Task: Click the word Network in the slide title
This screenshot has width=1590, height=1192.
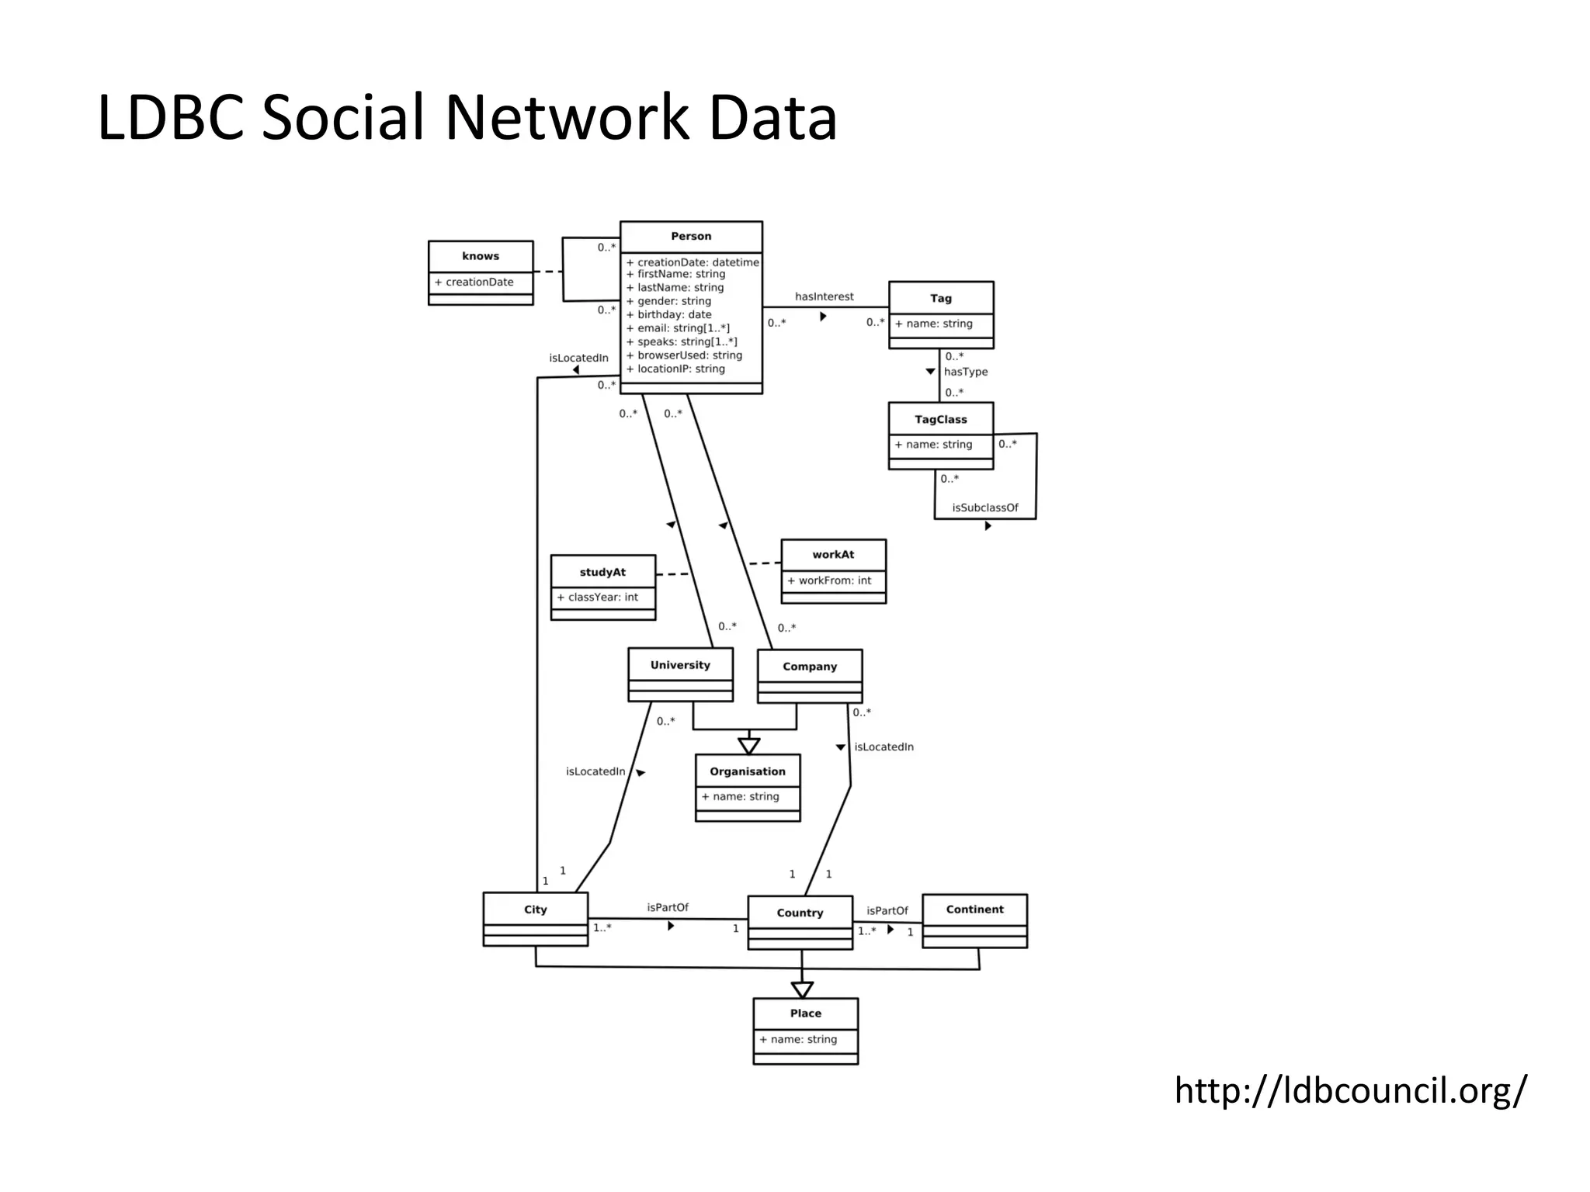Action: point(567,118)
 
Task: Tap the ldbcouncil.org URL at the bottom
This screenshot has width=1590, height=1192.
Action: point(1350,1090)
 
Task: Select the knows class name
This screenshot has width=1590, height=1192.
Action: point(481,256)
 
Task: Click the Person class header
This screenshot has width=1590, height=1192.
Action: point(691,237)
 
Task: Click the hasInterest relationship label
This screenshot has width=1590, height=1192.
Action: point(824,296)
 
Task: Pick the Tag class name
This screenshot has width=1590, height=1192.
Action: point(941,298)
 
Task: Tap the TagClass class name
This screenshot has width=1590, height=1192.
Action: point(941,420)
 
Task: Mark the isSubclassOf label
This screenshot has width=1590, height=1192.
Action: point(985,508)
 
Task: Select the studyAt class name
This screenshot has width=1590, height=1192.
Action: point(602,572)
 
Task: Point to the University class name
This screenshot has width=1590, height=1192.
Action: point(680,665)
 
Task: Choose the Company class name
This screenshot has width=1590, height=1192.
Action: point(810,667)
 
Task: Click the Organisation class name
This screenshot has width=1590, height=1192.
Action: point(748,771)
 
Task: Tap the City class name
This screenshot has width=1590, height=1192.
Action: point(536,910)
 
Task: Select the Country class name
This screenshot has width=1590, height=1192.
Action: point(800,913)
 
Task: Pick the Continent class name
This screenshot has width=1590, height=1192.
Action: point(974,910)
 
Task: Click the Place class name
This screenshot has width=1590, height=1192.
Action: point(806,1014)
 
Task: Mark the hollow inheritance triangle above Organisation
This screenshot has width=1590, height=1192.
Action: point(748,746)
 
